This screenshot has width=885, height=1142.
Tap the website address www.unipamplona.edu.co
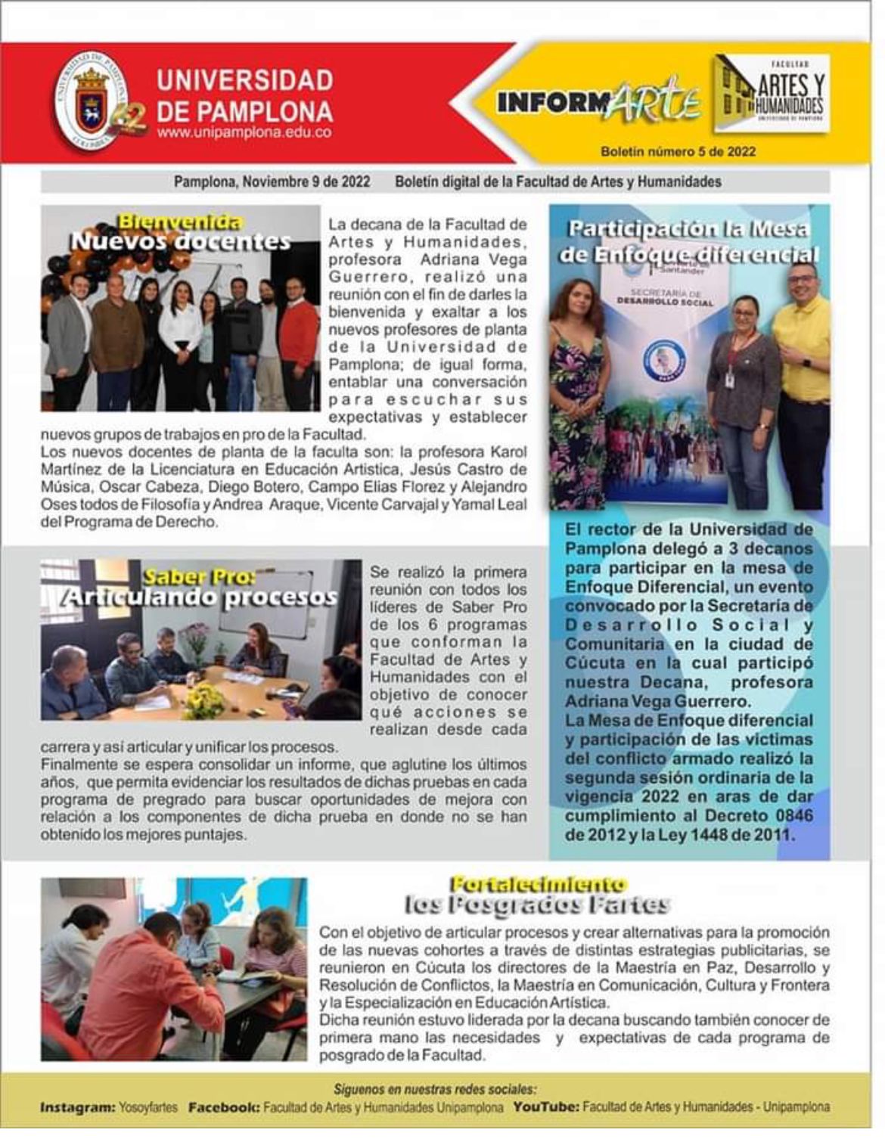click(x=244, y=132)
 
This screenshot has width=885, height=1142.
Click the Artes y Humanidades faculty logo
click(x=772, y=94)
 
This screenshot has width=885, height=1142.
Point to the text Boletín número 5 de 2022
click(x=678, y=151)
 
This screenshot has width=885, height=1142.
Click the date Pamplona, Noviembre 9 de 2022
click(x=272, y=182)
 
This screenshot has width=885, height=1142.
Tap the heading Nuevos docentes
click(x=180, y=241)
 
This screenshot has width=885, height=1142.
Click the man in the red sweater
click(x=298, y=340)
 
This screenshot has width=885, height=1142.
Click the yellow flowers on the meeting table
click(x=203, y=700)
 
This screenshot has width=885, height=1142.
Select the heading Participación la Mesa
click(x=688, y=229)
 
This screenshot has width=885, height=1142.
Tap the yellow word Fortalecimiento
click(x=538, y=883)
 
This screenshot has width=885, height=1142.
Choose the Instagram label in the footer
click(x=76, y=1107)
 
